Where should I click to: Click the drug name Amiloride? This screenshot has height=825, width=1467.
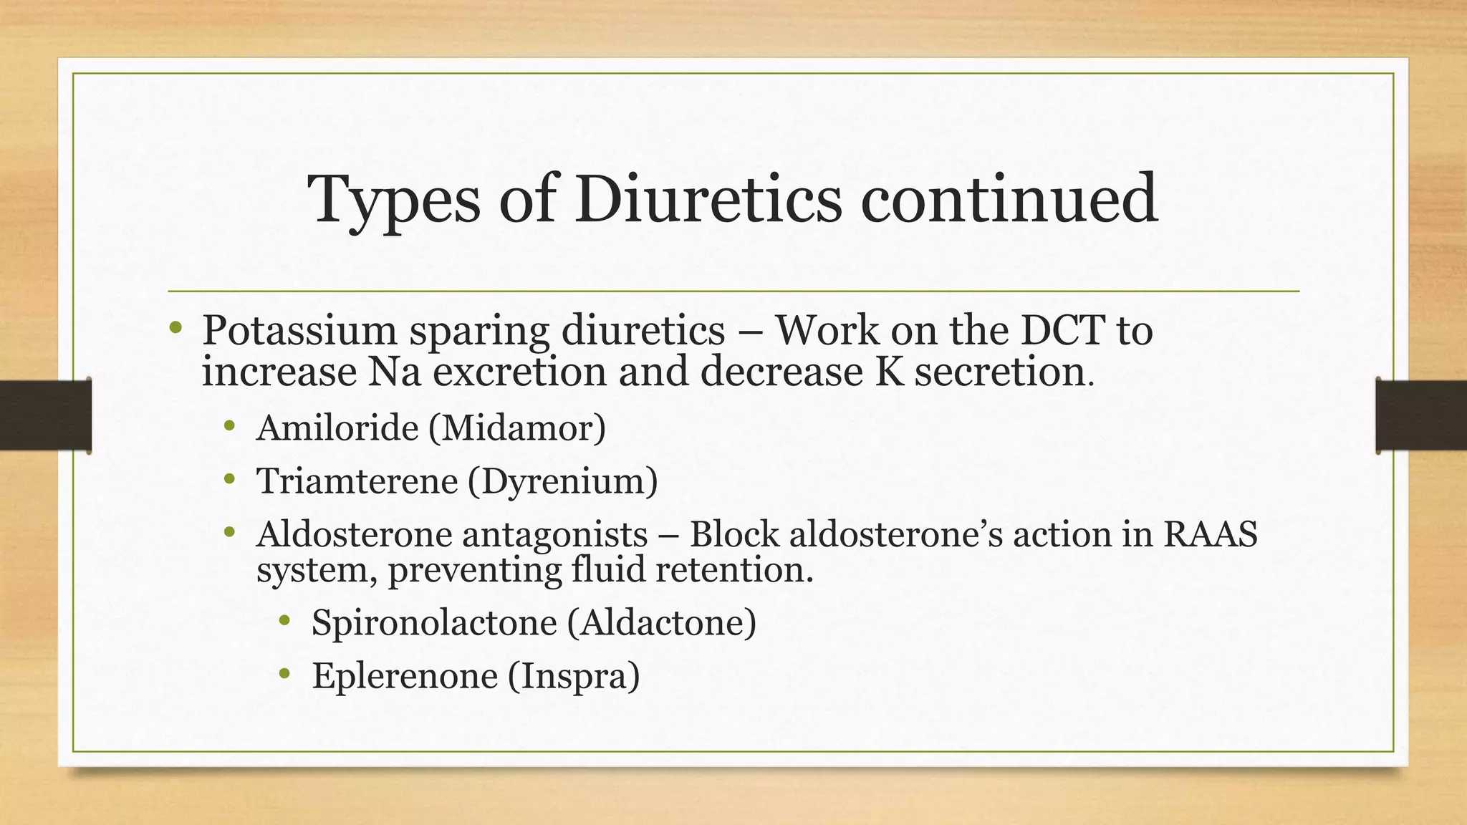(337, 428)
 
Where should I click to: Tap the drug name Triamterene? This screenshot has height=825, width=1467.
(357, 481)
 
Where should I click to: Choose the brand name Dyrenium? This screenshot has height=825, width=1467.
(563, 481)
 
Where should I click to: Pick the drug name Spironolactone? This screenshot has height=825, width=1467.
(433, 622)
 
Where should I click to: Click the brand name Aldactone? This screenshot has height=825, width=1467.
(662, 622)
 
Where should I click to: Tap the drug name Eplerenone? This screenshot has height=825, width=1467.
(405, 675)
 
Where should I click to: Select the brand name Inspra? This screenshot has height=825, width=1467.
(574, 676)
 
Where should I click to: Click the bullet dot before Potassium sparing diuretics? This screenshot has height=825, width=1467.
(176, 329)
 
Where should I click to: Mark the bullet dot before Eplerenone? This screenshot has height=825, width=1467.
(285, 673)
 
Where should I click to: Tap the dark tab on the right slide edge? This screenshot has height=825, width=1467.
(1421, 415)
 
